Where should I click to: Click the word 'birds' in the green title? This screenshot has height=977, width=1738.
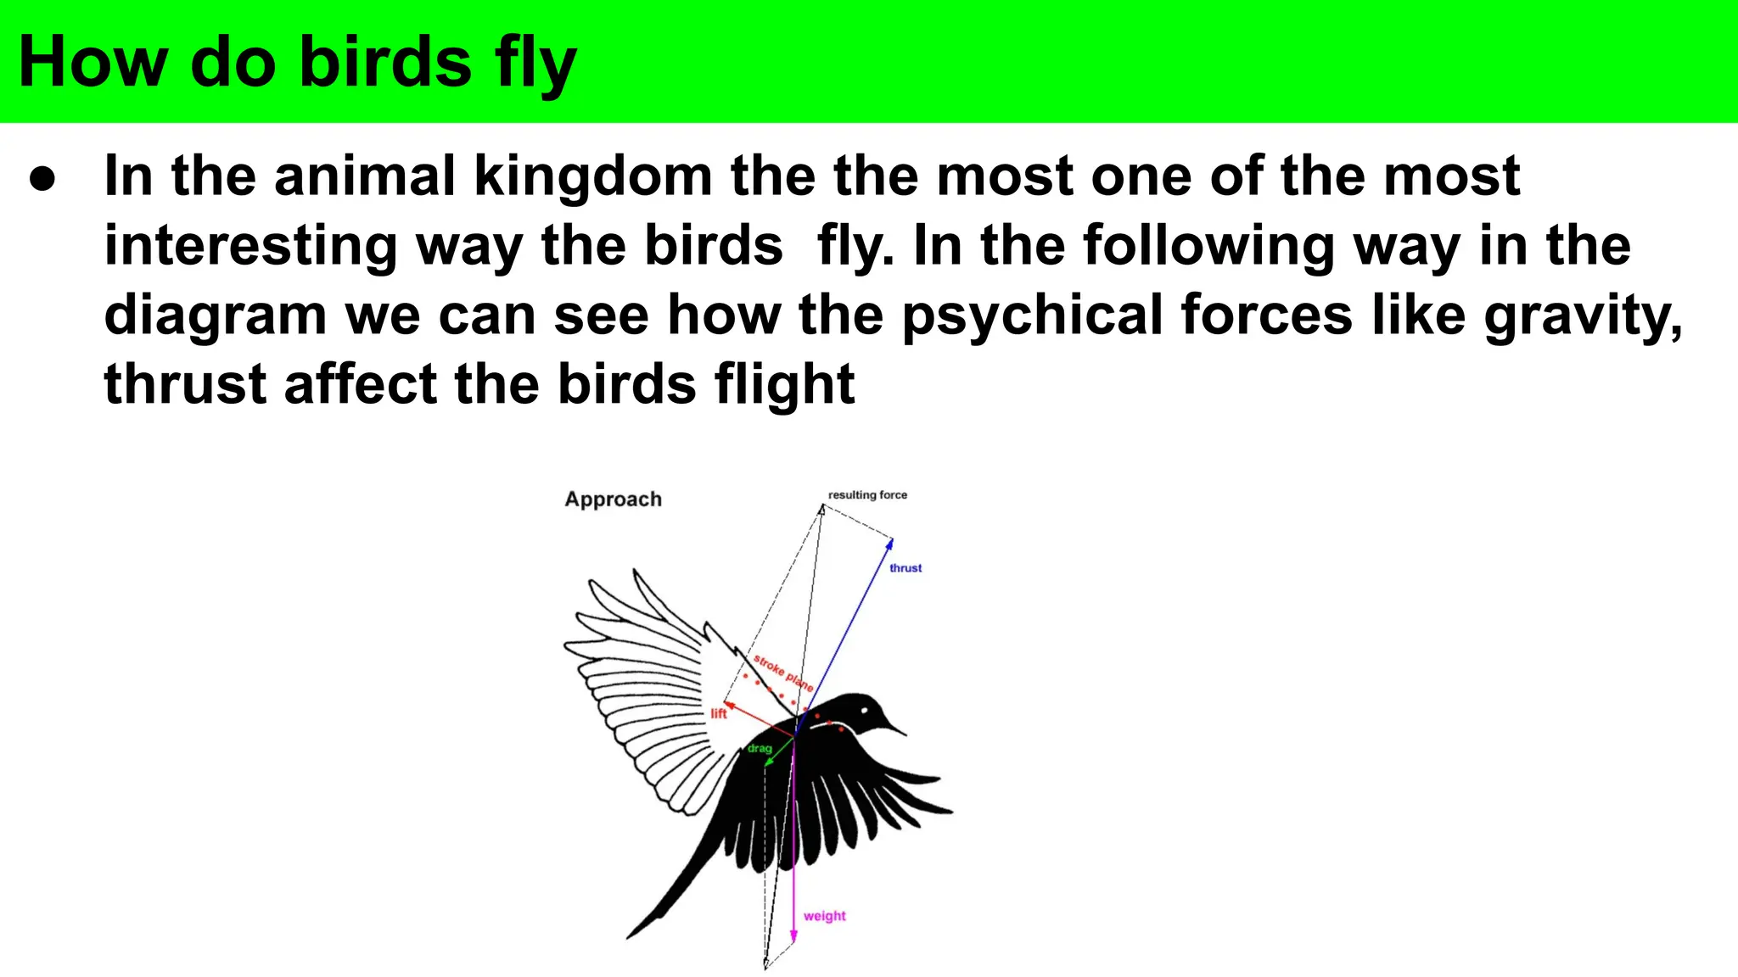pyautogui.click(x=386, y=63)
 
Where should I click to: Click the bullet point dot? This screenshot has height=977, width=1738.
pyautogui.click(x=42, y=179)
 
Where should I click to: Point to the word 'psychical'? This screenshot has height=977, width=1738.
pyautogui.click(x=1032, y=315)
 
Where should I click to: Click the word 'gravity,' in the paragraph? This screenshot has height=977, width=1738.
pyautogui.click(x=1583, y=315)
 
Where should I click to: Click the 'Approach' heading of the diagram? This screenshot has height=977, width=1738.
pyautogui.click(x=613, y=500)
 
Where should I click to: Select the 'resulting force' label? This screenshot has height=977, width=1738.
pyautogui.click(x=867, y=494)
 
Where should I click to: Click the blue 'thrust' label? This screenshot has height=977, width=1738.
pyautogui.click(x=905, y=568)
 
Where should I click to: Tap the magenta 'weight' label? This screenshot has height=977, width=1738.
pyautogui.click(x=824, y=916)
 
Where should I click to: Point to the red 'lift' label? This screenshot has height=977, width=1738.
pyautogui.click(x=719, y=714)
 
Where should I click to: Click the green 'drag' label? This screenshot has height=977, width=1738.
pyautogui.click(x=760, y=748)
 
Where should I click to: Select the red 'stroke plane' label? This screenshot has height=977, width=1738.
pyautogui.click(x=783, y=673)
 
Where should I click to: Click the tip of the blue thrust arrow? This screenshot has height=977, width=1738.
pyautogui.click(x=891, y=540)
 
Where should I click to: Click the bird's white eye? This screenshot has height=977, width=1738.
pyautogui.click(x=865, y=709)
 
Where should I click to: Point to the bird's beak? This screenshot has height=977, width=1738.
pyautogui.click(x=894, y=728)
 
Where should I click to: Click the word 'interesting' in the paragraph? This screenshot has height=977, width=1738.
pyautogui.click(x=250, y=246)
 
